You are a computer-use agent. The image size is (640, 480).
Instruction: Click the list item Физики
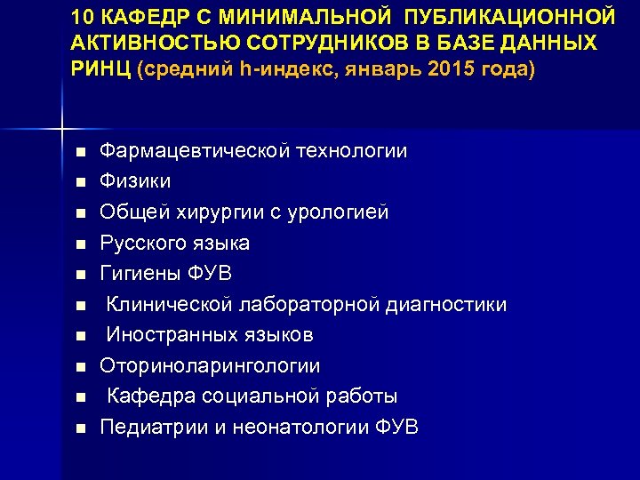click(x=135, y=181)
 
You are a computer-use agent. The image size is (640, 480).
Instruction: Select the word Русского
click(x=140, y=243)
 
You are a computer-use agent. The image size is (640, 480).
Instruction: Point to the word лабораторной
click(x=310, y=305)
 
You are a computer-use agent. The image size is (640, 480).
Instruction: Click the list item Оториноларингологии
click(x=210, y=366)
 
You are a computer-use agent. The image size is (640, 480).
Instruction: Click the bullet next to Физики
click(x=80, y=182)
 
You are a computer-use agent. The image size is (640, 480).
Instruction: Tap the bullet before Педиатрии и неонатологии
click(x=80, y=428)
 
